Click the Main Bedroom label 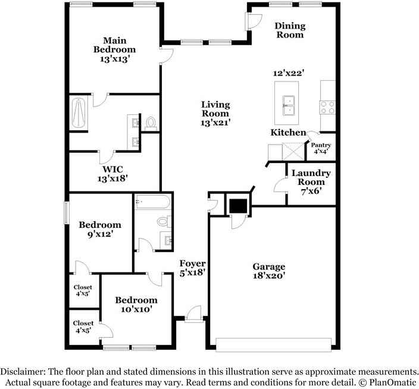[115, 45]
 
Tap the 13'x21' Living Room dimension [215, 123]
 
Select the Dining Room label [290, 30]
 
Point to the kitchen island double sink [289, 105]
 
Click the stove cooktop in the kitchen [327, 107]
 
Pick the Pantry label [321, 145]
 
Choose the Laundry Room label [311, 177]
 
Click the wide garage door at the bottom [274, 344]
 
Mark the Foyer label [192, 263]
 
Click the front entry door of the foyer [194, 315]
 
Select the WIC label [112, 169]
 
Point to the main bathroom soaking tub [79, 114]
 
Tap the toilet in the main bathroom [151, 123]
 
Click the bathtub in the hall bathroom [152, 202]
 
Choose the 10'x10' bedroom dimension [136, 309]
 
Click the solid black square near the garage [238, 206]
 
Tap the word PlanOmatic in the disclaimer [392, 382]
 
